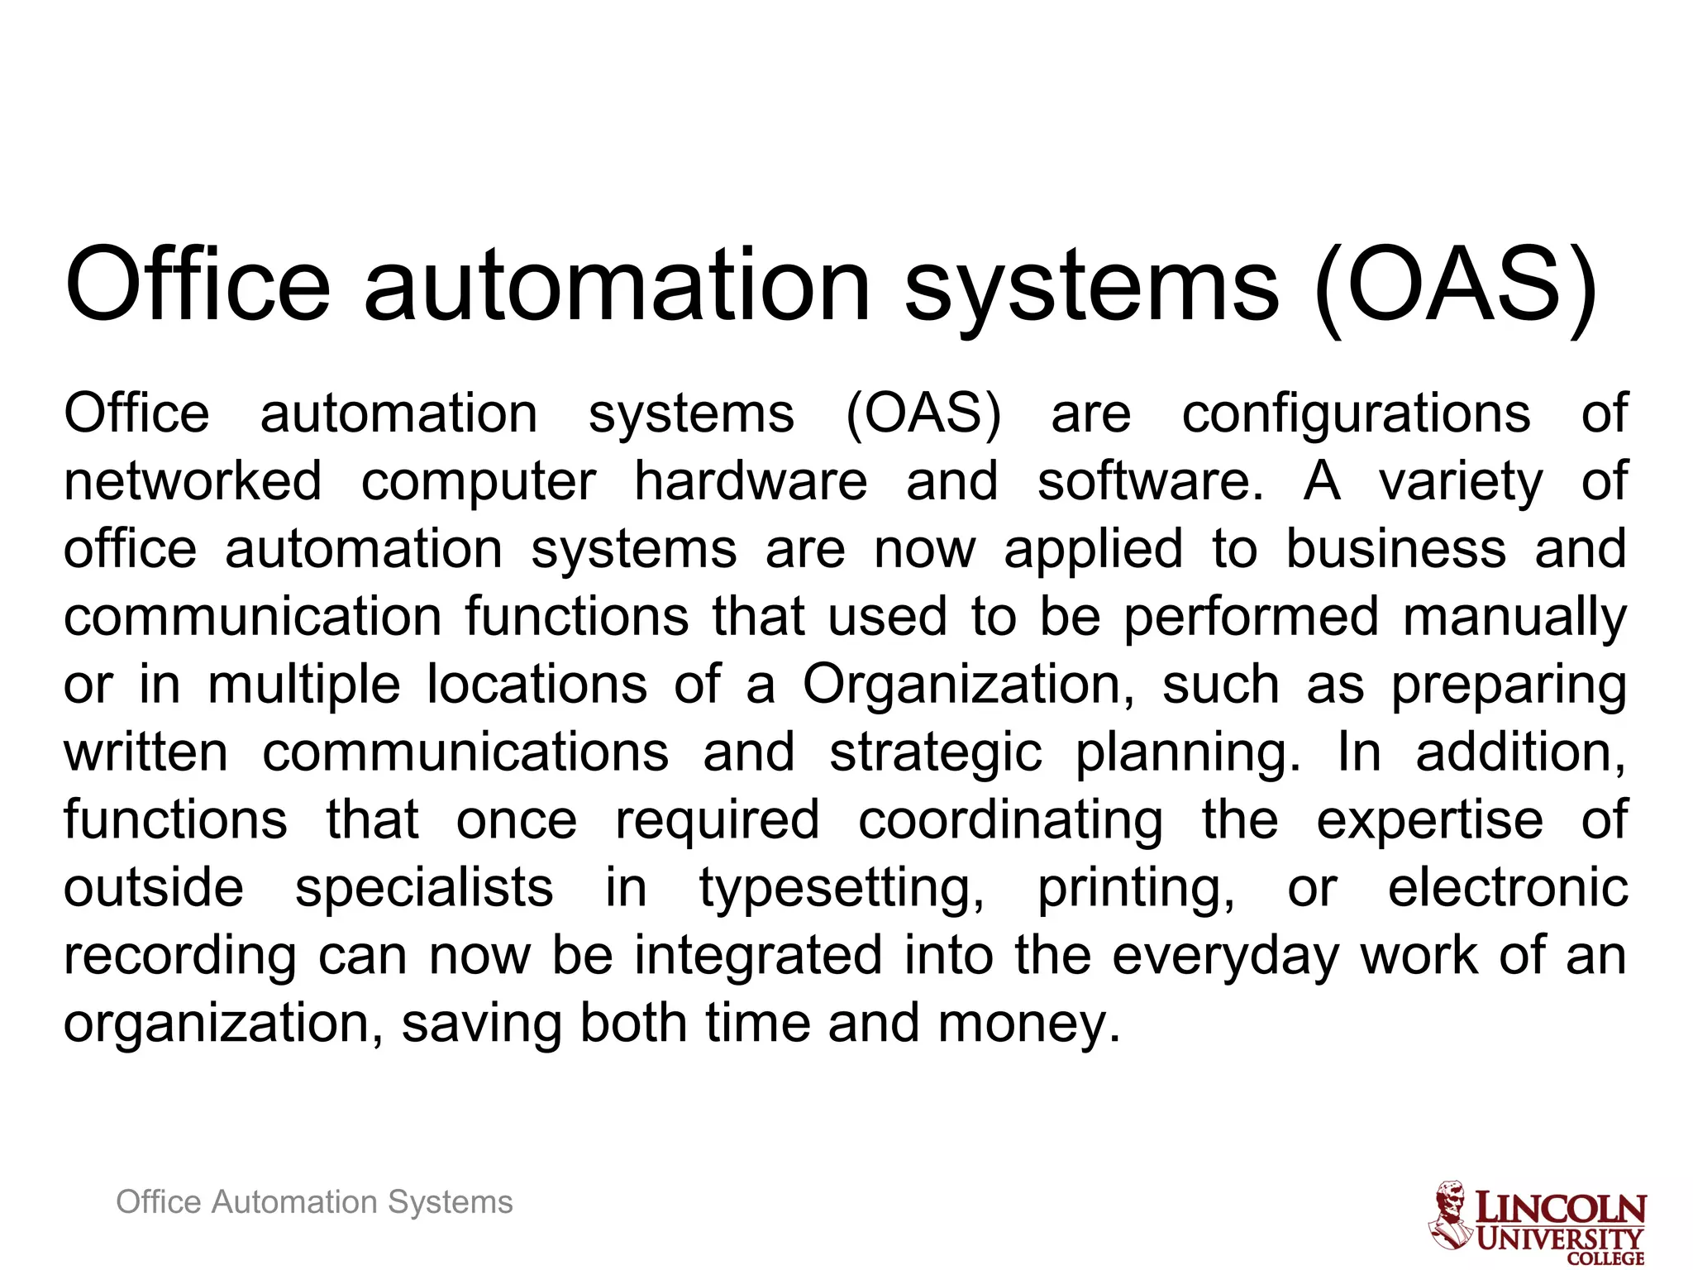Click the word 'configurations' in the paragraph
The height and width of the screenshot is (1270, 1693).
coord(1356,413)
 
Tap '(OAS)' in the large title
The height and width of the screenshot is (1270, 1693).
coord(1455,285)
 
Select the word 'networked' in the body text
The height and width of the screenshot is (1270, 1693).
coord(193,481)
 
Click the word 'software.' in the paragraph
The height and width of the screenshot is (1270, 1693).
coord(1151,481)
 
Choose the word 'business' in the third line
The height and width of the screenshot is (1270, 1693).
coord(1395,549)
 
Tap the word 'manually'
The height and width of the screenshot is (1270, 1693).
coord(1514,617)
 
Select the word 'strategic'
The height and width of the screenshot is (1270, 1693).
coord(935,754)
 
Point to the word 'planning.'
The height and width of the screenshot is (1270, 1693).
coord(1188,754)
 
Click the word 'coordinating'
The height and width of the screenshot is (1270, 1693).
coord(1010,820)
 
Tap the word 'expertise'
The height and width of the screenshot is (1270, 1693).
coord(1429,820)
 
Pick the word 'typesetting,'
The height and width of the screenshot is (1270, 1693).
coord(842,890)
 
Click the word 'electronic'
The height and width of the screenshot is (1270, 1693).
coord(1508,888)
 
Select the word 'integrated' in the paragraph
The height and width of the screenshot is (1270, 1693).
coord(759,956)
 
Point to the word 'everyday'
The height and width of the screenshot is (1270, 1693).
coord(1224,957)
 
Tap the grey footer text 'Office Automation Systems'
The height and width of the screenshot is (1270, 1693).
coord(314,1201)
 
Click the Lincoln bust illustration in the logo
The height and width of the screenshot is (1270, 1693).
coord(1451,1214)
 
